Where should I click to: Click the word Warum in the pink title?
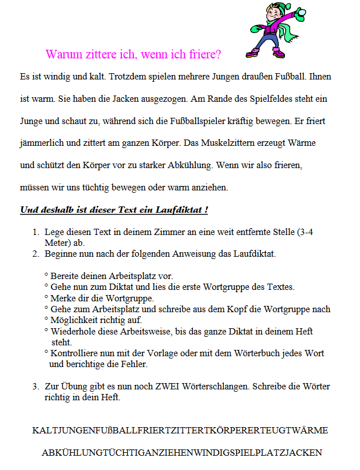tap(62, 54)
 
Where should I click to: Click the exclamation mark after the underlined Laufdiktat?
tap(205, 210)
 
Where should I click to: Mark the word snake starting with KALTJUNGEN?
tap(180, 431)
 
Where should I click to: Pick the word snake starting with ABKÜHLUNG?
tap(181, 453)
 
